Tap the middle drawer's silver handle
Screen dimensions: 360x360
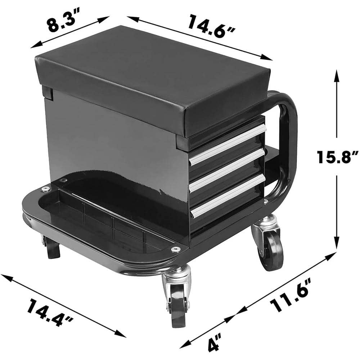click(x=228, y=168)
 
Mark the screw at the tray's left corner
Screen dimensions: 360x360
click(x=45, y=189)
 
